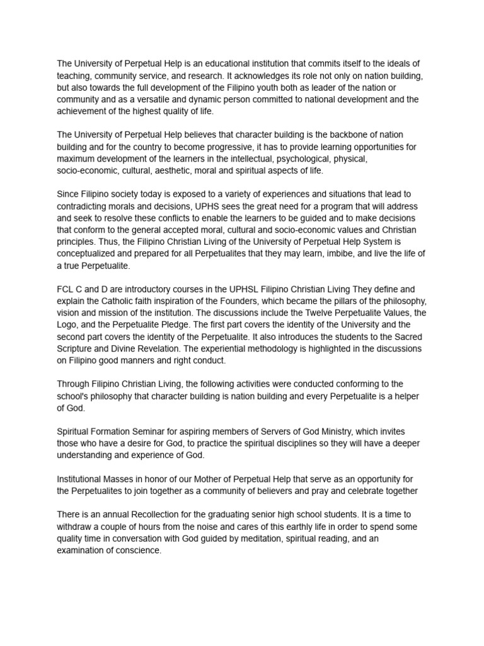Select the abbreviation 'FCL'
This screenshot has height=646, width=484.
[66, 289]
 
